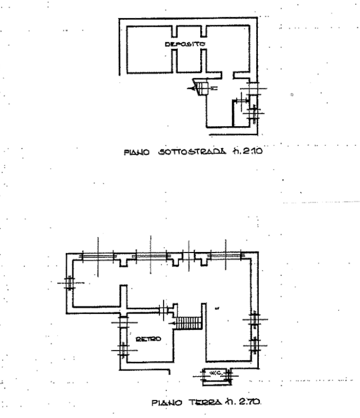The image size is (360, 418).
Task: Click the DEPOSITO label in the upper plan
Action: point(185,43)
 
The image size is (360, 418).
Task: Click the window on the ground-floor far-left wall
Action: point(69,284)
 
